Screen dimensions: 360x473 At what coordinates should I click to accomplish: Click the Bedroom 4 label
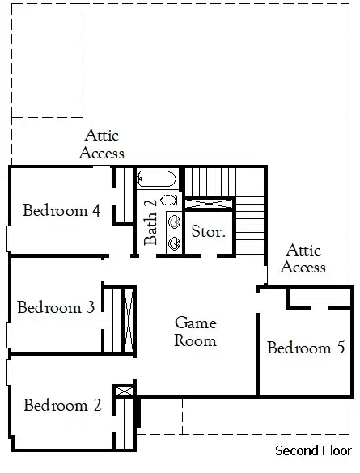(61, 210)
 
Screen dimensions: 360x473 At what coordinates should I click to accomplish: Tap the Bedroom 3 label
(56, 307)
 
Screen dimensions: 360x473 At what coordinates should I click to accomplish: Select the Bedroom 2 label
(62, 405)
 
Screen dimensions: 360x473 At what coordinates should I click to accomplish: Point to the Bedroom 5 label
(306, 347)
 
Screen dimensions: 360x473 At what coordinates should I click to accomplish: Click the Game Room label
(196, 332)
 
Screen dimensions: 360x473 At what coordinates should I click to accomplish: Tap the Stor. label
(209, 231)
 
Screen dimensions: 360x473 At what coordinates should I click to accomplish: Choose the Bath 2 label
(150, 222)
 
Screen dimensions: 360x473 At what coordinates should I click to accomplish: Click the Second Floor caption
(313, 450)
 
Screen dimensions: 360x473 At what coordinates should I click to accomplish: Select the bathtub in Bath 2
(156, 179)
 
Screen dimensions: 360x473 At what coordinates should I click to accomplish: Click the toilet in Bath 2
(171, 201)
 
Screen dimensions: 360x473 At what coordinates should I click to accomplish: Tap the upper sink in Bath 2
(175, 222)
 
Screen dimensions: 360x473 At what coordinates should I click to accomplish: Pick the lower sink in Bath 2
(175, 243)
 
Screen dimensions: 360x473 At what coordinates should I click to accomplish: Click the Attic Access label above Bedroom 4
(102, 144)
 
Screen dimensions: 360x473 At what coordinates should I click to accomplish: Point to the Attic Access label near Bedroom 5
(303, 259)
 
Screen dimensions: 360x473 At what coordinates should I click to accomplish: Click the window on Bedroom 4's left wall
(8, 239)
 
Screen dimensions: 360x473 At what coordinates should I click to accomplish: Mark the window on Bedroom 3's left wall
(8, 335)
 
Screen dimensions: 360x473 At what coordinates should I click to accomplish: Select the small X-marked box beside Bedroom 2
(125, 391)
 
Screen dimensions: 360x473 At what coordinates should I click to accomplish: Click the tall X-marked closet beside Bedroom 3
(129, 319)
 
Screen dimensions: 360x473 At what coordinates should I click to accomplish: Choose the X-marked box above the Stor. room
(209, 203)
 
